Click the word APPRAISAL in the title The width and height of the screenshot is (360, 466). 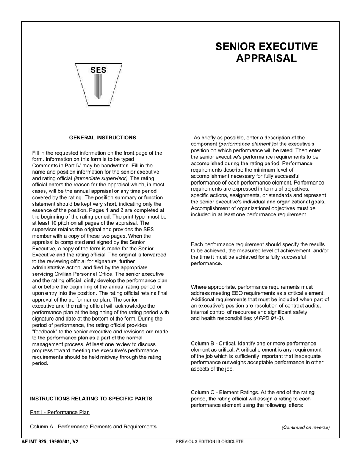click(x=266, y=58)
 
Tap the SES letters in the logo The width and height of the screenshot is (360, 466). click(x=99, y=70)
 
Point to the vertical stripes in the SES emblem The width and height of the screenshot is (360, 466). click(x=99, y=86)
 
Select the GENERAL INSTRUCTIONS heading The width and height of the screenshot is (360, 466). click(x=103, y=138)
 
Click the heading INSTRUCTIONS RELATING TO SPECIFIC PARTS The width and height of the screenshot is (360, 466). click(x=91, y=399)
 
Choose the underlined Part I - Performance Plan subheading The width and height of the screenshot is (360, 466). click(x=60, y=412)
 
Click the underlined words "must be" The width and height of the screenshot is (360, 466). click(x=157, y=217)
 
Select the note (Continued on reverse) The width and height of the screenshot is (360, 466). click(x=305, y=427)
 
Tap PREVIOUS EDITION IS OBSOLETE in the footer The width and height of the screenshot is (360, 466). click(x=210, y=441)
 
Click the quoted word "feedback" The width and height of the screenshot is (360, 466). click(x=45, y=332)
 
